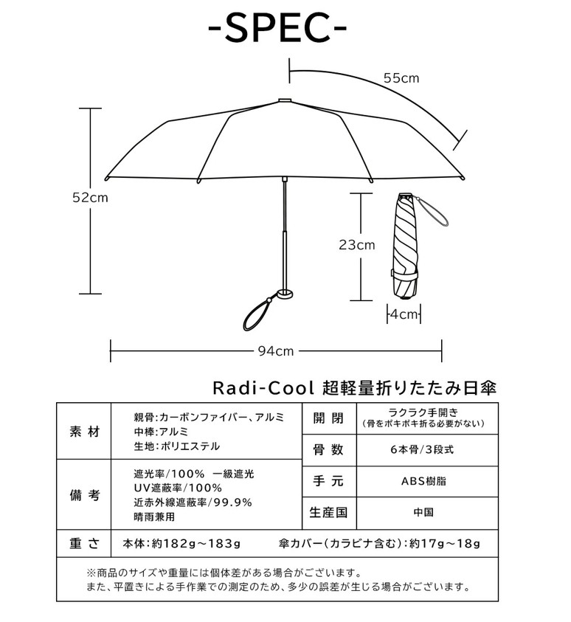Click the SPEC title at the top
(277, 28)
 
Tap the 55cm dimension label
(401, 78)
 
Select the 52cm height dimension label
(90, 198)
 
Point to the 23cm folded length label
(356, 245)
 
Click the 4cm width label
(404, 314)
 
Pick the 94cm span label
(276, 351)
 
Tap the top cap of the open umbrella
(284, 100)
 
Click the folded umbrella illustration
(405, 246)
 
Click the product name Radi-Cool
(263, 388)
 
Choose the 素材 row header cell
(83, 431)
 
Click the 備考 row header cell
(83, 494)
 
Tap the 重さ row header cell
(83, 544)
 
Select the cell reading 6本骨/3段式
(427, 450)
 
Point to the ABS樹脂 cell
(427, 481)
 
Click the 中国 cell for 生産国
(427, 513)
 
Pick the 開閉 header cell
(329, 418)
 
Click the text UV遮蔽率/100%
(178, 488)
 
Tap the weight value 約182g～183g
(196, 544)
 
